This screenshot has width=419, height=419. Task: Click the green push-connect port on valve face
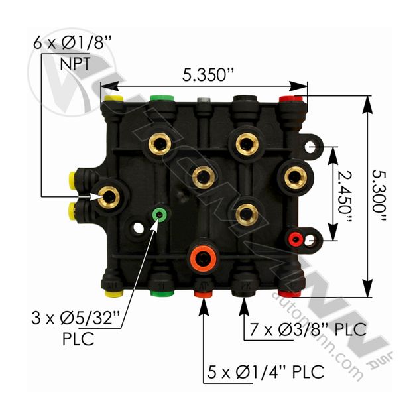158,215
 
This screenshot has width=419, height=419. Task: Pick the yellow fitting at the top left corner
113,99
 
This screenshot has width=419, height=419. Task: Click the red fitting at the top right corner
290,99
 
